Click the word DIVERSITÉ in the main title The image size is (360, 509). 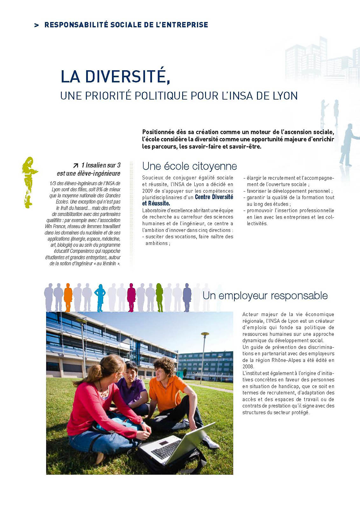tap(125, 77)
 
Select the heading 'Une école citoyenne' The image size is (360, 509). tap(190, 166)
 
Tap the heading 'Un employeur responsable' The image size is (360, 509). tap(265, 296)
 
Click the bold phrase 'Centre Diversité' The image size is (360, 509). tap(214, 197)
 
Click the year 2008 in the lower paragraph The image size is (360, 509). tap(248, 366)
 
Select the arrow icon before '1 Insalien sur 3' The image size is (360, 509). tap(76, 165)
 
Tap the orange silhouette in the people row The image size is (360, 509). tap(68, 297)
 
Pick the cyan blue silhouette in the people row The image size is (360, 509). tap(100, 298)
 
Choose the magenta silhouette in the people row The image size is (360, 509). tap(131, 297)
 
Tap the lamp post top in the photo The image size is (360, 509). tap(205, 334)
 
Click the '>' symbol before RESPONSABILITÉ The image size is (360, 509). tap(37, 25)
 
